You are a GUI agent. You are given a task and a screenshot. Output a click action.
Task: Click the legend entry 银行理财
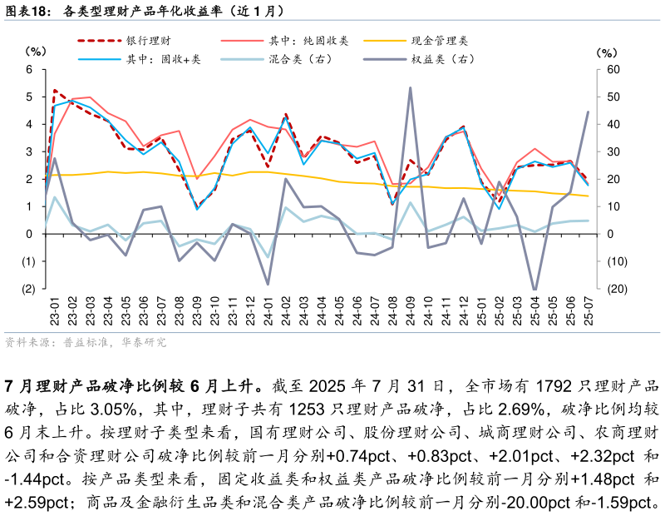coord(150,40)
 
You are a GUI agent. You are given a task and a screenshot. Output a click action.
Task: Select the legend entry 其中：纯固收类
coord(308,40)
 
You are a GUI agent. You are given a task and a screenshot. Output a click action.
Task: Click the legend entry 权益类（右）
coord(444,59)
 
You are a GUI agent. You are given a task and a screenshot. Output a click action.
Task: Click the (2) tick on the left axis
coord(27,289)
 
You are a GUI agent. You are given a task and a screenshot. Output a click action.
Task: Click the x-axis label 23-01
coord(55,310)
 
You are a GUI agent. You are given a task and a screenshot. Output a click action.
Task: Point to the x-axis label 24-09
coord(411,310)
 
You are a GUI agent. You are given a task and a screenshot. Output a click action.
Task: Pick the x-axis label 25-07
coord(589,310)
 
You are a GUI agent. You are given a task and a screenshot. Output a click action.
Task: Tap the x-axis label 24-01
coord(268,310)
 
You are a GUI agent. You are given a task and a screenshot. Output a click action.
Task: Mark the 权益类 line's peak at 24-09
coord(411,87)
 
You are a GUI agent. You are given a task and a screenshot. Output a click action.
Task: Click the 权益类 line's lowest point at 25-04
coord(534,290)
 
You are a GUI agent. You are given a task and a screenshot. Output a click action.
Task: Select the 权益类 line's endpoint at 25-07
coord(589,112)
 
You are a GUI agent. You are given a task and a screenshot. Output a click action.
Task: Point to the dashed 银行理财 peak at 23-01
coord(55,90)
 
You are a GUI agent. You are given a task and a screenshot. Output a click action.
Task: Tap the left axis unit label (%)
coord(37,52)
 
